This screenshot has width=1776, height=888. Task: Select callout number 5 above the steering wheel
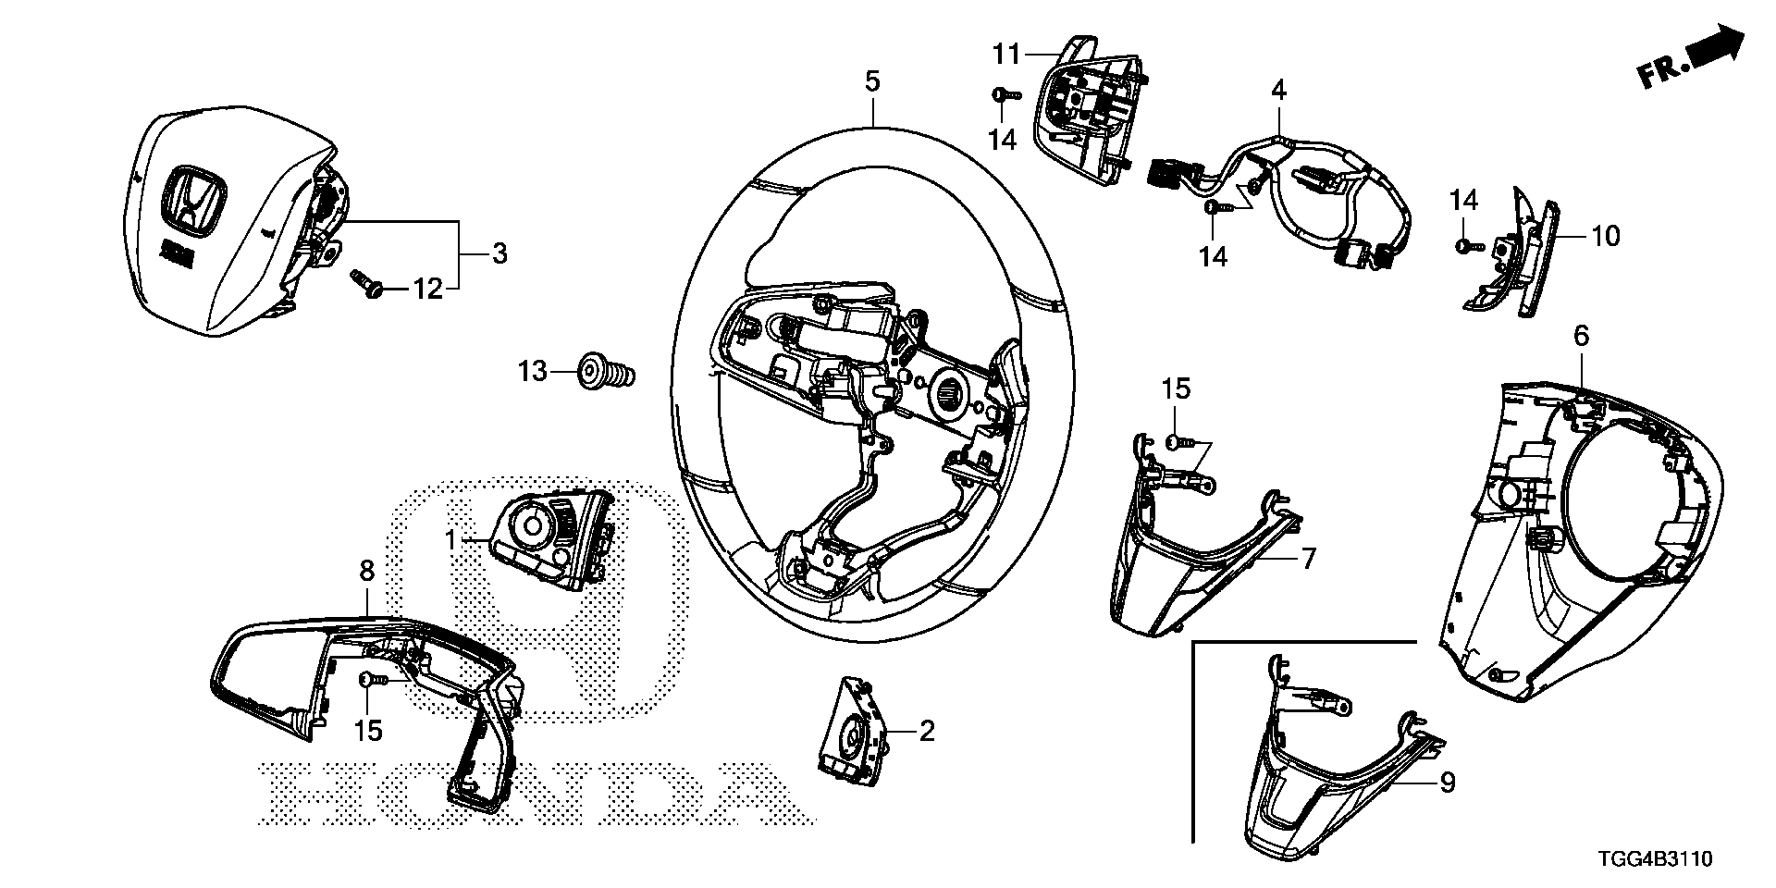tap(872, 81)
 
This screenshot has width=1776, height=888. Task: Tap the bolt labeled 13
tap(606, 373)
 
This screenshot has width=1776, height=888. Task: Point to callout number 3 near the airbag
tap(499, 253)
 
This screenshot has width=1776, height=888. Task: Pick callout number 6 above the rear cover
tap(1581, 337)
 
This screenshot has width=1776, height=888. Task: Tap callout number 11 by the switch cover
tap(1006, 55)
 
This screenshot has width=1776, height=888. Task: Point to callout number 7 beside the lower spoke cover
tap(1307, 559)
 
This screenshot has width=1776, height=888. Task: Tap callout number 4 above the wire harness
tap(1278, 90)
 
